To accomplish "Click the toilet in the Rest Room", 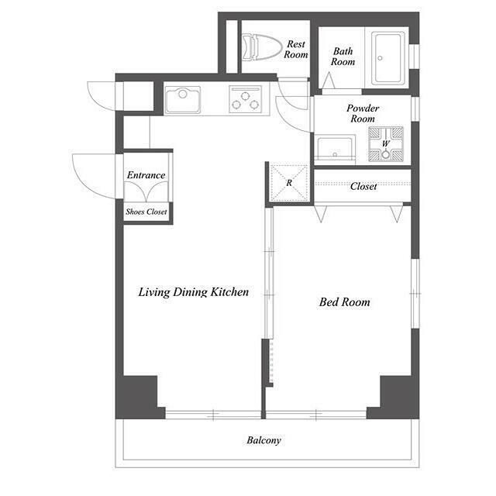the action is point(262,47).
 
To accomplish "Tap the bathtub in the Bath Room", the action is point(388,58).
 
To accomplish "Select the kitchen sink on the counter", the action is point(183,100).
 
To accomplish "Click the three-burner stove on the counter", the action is point(246,99).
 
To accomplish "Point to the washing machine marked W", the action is point(386,144).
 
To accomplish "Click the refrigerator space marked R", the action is point(289,183).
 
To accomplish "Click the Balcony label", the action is point(263,440).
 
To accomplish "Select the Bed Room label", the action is point(344,301).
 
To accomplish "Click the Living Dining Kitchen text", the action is point(194,291).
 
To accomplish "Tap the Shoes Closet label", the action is point(146,212).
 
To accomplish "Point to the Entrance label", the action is point(146,175).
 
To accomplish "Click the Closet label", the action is point(363,186).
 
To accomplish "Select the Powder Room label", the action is point(363,113).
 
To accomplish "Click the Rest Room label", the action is point(296,49).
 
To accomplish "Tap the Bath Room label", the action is point(343,57).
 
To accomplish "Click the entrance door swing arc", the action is point(85,184).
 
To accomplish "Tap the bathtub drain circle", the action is point(381,58).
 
